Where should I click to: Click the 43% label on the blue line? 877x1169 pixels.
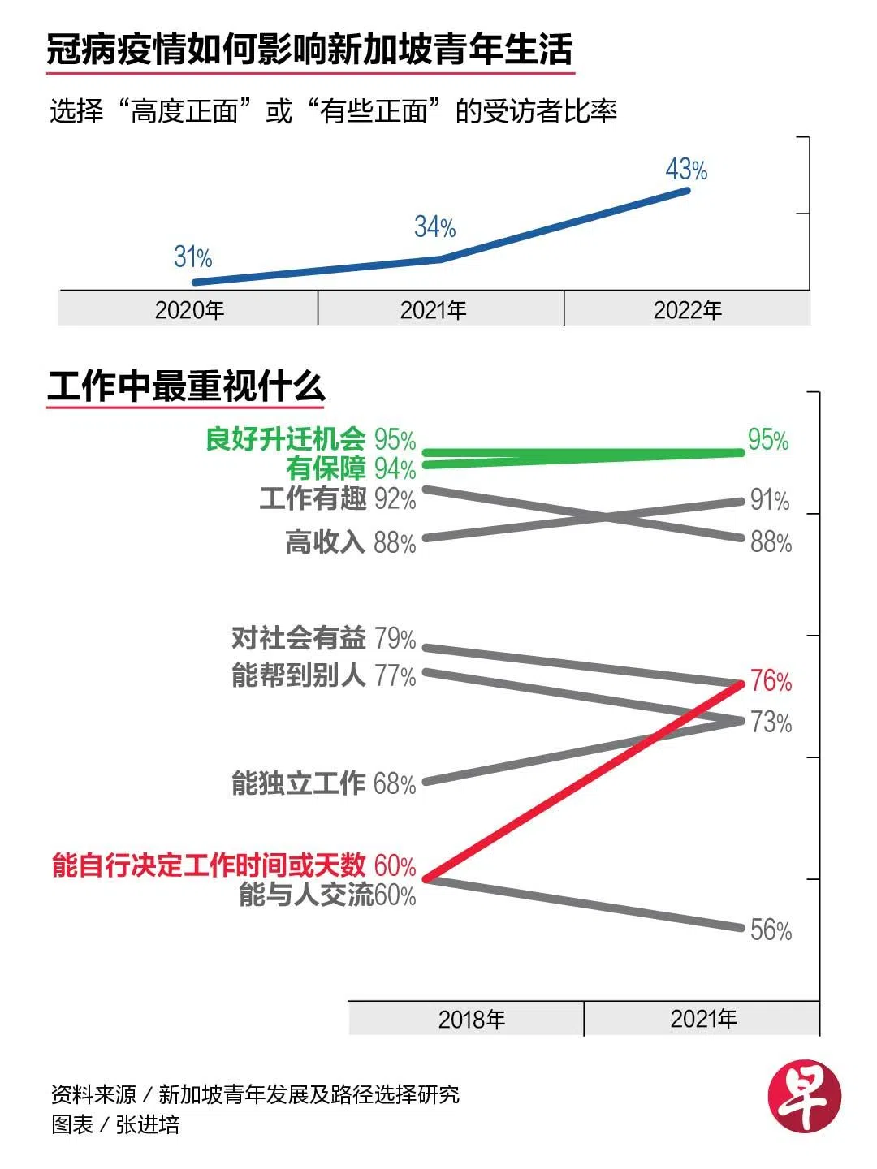686,170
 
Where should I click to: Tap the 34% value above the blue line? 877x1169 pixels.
434,226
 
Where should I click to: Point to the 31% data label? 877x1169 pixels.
192,257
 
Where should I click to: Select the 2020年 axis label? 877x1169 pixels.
189,310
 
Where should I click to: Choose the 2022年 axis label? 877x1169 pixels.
687,310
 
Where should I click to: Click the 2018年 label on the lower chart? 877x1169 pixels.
471,1020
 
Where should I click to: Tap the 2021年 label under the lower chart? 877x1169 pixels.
703,1020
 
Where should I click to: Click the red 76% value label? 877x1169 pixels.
771,681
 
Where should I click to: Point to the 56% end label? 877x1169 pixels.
771,930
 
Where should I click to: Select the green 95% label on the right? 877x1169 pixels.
768,440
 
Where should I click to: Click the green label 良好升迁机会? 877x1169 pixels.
286,439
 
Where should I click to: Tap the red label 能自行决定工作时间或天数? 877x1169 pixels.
209,865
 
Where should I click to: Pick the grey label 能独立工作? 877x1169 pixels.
298,783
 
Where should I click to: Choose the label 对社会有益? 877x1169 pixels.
298,639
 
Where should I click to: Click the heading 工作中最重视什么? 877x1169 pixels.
186,386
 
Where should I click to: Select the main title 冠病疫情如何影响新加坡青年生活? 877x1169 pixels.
310,50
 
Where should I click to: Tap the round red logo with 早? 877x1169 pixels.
804,1095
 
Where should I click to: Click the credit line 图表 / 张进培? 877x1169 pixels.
115,1125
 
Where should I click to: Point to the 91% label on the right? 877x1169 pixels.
769,500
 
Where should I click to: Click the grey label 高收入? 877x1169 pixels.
325,542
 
